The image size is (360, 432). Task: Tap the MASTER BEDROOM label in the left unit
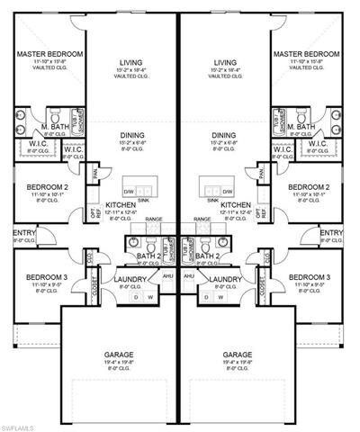[49, 55]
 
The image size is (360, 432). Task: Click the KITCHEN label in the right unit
[235, 204]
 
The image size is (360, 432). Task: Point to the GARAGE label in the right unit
[238, 355]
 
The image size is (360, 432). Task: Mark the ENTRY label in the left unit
[23, 232]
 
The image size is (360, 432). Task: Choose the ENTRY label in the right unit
[332, 232]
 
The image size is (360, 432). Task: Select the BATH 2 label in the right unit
[207, 256]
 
